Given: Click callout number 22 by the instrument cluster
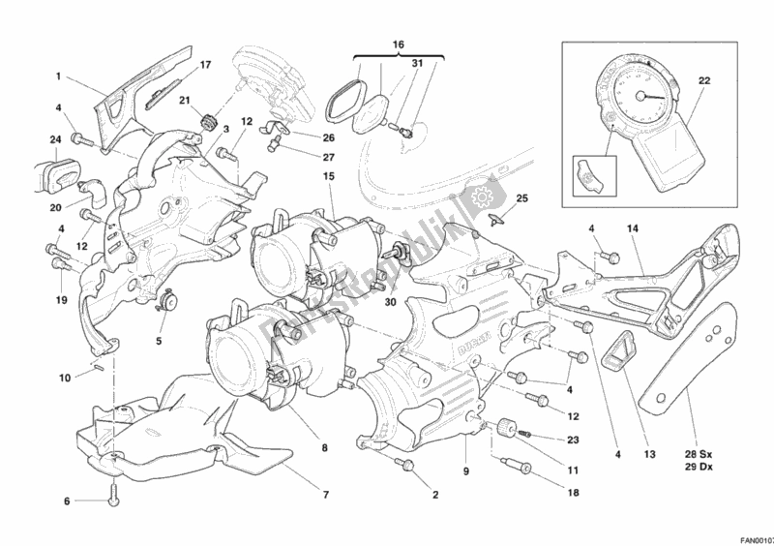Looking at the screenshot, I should (x=704, y=80).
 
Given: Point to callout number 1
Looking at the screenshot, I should (x=58, y=76).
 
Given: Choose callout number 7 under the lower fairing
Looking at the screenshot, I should (x=326, y=495).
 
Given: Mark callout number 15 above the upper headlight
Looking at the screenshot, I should (x=329, y=176).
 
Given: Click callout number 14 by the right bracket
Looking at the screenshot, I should (x=634, y=228).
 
